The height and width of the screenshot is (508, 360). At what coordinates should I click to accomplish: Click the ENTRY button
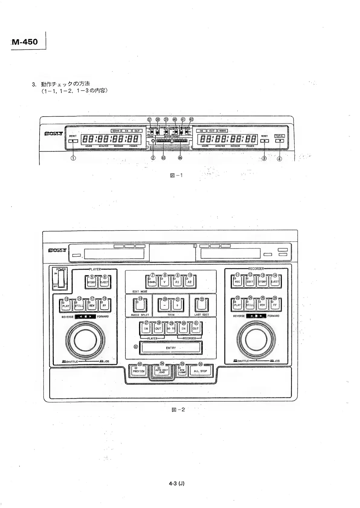(171, 348)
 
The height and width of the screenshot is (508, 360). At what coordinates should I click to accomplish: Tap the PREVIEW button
(139, 371)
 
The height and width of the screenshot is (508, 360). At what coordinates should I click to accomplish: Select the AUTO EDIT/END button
(162, 371)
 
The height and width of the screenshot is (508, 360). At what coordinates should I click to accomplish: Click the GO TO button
(171, 328)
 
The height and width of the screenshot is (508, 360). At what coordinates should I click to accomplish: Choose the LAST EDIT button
(202, 306)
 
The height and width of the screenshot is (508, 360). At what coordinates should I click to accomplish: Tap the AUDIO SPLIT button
(140, 306)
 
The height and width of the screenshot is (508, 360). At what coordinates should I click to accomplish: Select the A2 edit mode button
(190, 282)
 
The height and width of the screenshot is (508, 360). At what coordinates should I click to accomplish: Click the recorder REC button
(238, 281)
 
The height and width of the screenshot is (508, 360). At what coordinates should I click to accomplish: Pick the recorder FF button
(275, 305)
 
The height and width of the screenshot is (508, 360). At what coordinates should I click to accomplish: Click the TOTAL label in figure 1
(280, 136)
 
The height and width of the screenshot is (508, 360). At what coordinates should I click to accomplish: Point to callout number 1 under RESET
(73, 158)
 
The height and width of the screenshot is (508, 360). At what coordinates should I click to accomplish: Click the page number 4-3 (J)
(177, 483)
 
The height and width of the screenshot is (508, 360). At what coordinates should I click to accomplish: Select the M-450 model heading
(25, 42)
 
